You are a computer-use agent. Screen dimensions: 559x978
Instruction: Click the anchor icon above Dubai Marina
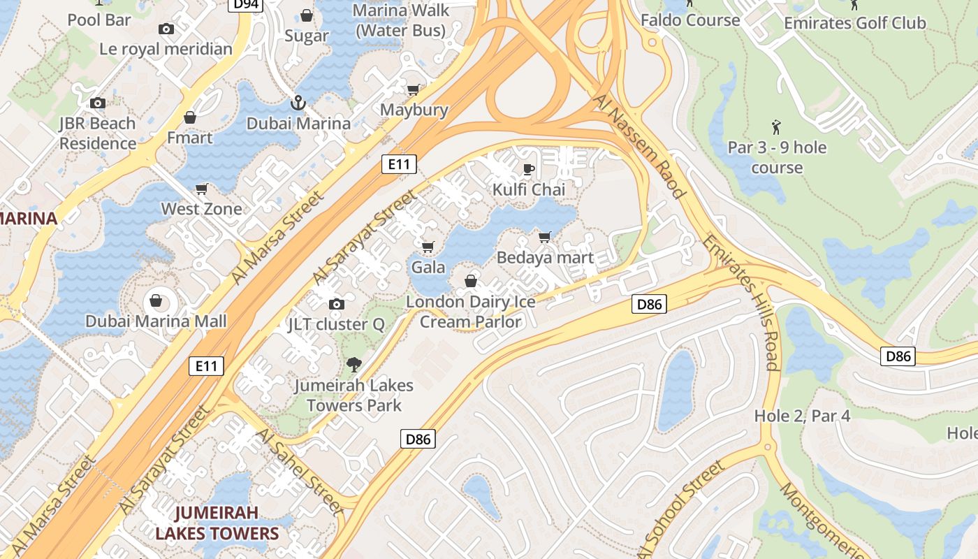click(x=298, y=103)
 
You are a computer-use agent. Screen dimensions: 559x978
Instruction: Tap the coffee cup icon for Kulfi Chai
click(x=529, y=169)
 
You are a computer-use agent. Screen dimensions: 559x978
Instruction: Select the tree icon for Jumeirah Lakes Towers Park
click(x=354, y=364)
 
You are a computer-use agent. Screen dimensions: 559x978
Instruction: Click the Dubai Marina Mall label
click(x=156, y=321)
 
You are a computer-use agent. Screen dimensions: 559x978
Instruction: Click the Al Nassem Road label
click(x=638, y=145)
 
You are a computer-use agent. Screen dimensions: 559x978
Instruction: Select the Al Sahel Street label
click(x=300, y=472)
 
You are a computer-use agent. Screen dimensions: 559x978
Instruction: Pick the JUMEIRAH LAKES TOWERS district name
click(x=217, y=523)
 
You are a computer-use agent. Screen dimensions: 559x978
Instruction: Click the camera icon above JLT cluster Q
click(x=337, y=304)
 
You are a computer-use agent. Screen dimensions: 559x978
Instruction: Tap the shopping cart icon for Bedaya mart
click(x=545, y=237)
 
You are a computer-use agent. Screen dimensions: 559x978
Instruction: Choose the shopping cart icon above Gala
click(x=428, y=247)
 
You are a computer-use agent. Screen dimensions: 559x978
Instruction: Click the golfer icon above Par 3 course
click(x=776, y=127)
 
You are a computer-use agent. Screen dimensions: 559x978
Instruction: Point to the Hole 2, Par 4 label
click(x=802, y=416)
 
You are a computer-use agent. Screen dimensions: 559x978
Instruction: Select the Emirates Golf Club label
click(x=854, y=23)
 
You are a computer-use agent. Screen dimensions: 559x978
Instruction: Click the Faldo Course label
click(x=689, y=20)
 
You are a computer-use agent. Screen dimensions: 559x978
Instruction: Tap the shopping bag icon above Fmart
click(x=189, y=117)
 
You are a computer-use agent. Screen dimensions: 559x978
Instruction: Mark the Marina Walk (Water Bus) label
click(x=400, y=20)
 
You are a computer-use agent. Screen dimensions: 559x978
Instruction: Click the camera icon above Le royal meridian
click(x=166, y=29)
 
